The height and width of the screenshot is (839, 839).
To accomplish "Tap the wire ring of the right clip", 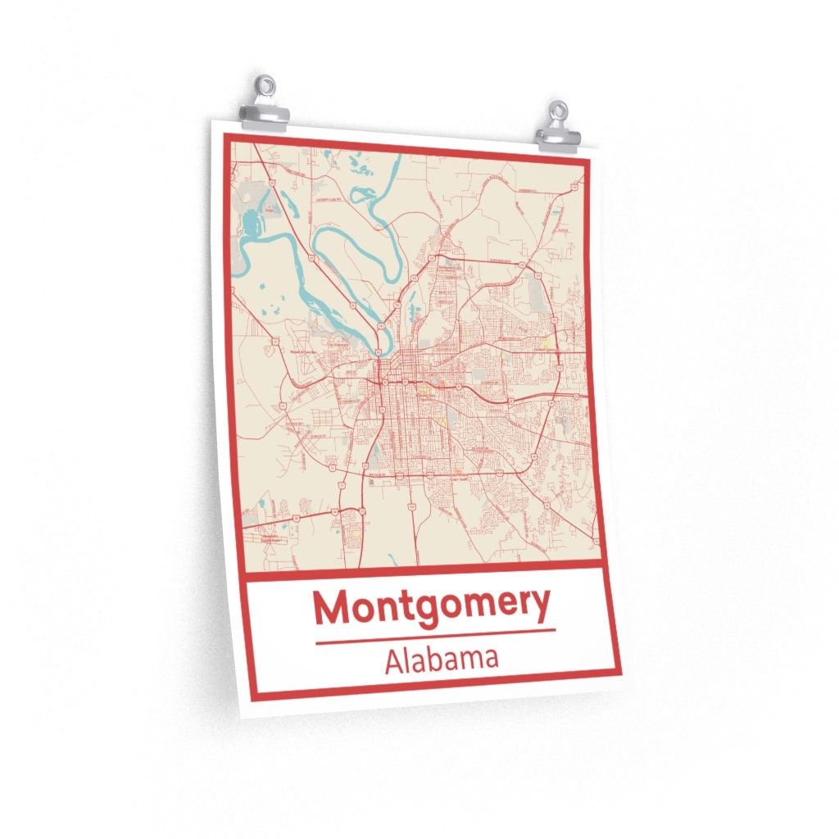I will coord(559,110).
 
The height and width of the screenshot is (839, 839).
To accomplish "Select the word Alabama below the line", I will coord(441,660).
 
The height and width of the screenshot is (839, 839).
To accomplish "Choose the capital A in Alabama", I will coord(394,661).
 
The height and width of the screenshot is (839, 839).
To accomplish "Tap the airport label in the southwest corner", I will coord(270,537).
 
